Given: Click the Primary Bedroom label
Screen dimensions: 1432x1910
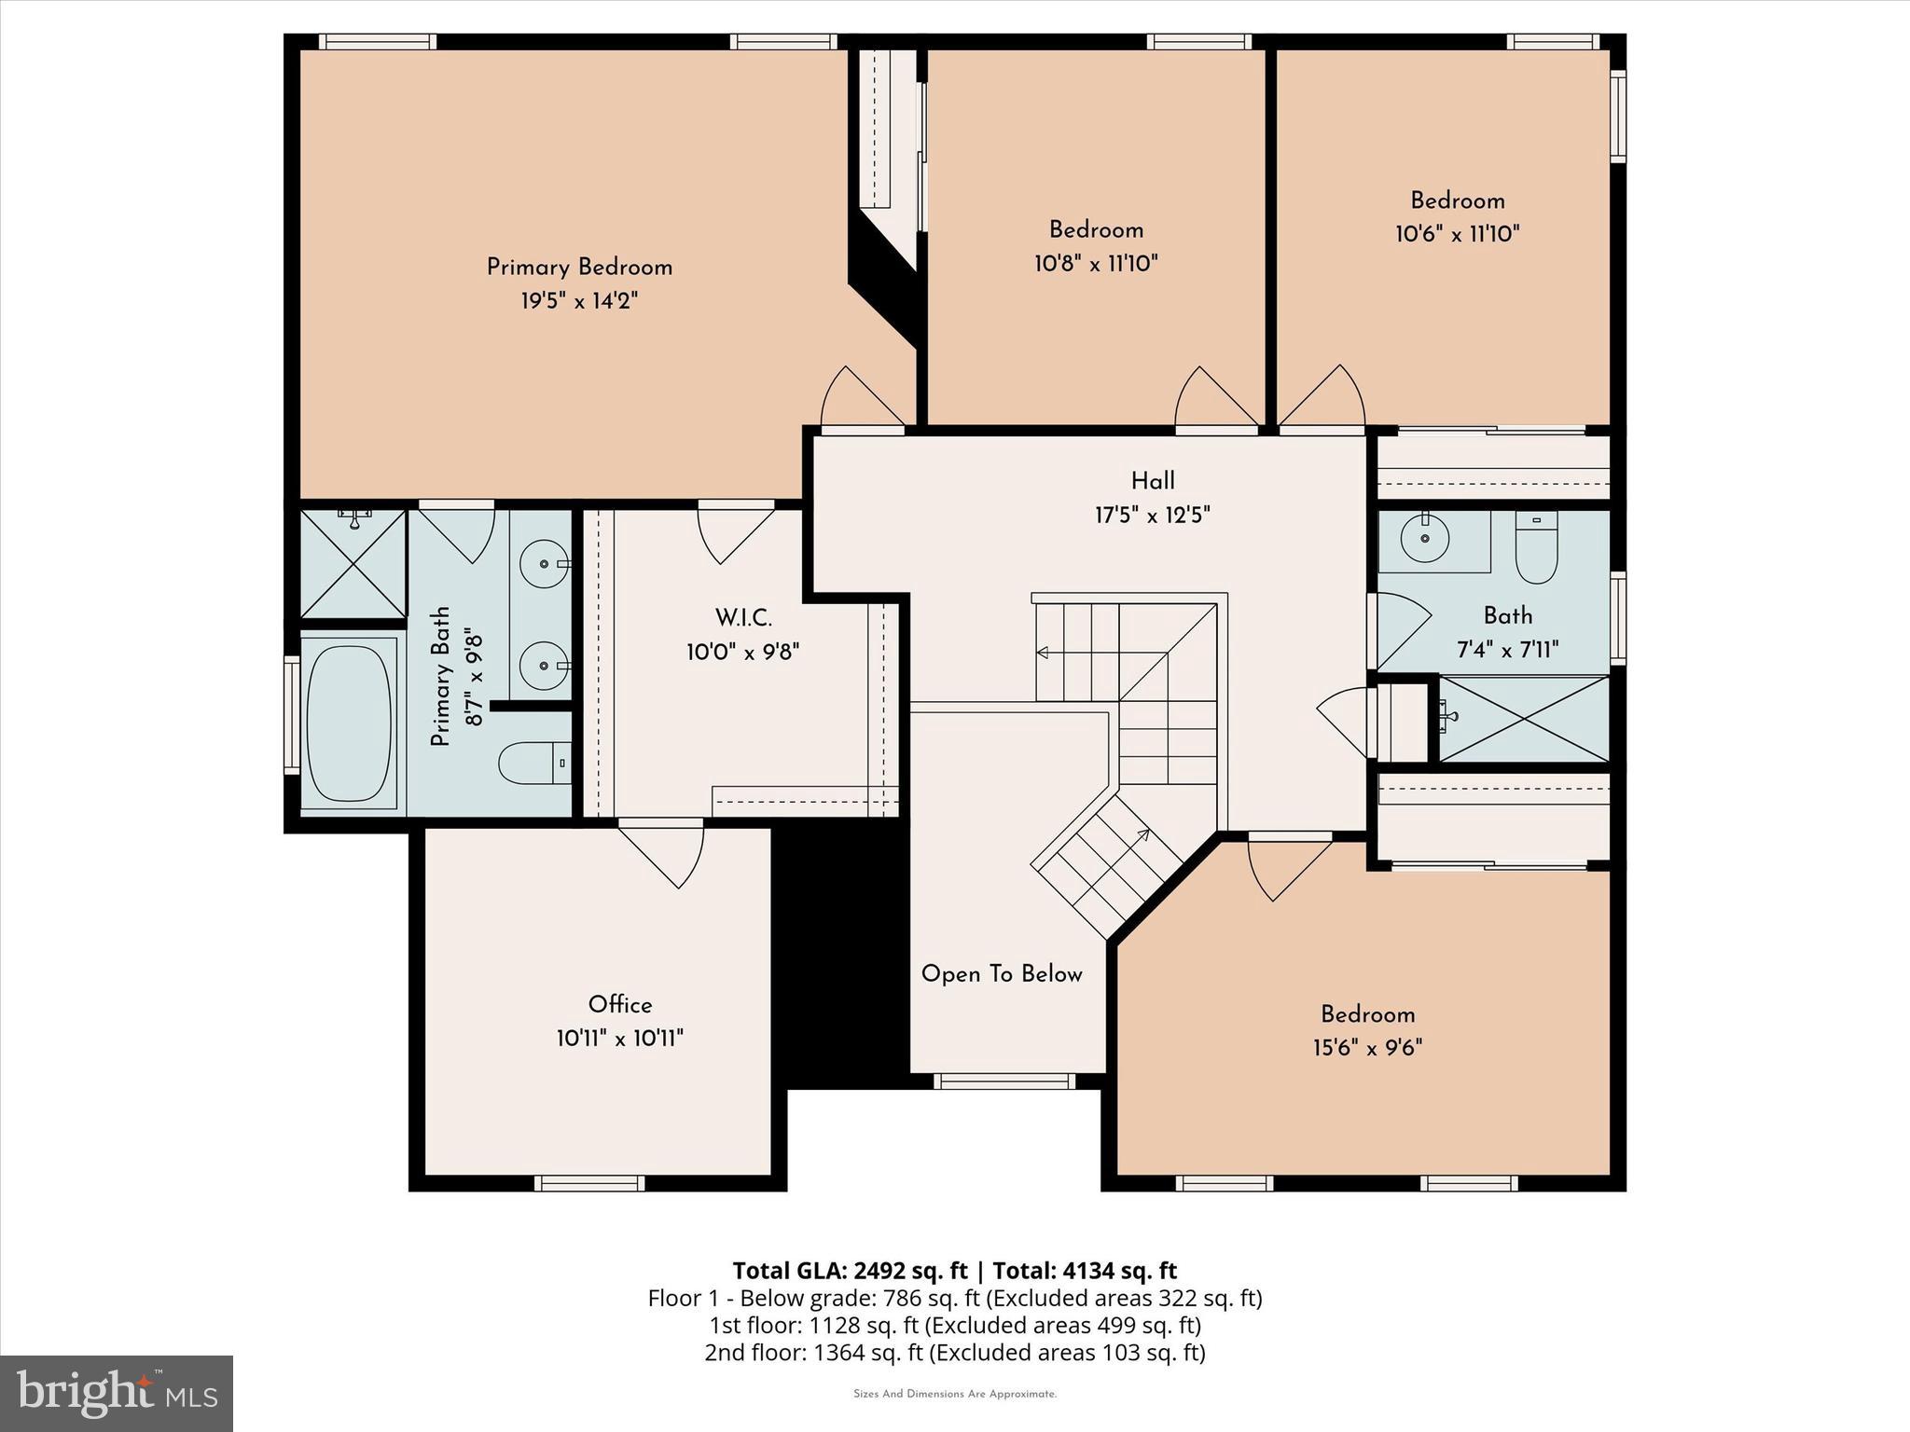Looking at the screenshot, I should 579,268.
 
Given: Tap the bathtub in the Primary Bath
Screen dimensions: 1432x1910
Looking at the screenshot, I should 350,723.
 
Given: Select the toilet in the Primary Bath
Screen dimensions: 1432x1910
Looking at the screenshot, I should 533,764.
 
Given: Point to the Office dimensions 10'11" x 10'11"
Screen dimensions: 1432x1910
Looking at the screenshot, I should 620,1038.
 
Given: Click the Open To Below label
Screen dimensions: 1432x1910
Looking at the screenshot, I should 1002,974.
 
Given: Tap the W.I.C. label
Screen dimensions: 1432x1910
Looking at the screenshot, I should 743,618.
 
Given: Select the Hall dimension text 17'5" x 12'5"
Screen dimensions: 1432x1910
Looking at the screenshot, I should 1153,515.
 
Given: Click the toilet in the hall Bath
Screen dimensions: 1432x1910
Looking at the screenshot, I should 1536,549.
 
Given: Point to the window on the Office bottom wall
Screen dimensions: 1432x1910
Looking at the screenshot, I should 589,1183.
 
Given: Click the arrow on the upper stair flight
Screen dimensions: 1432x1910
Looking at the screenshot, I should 1043,652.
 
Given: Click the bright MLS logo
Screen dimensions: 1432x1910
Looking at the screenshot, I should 117,1393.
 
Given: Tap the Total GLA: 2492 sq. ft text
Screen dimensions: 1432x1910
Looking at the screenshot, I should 850,1271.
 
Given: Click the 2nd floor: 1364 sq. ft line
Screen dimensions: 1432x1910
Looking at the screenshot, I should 954,1352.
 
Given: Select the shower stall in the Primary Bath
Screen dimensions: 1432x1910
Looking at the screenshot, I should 353,563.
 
